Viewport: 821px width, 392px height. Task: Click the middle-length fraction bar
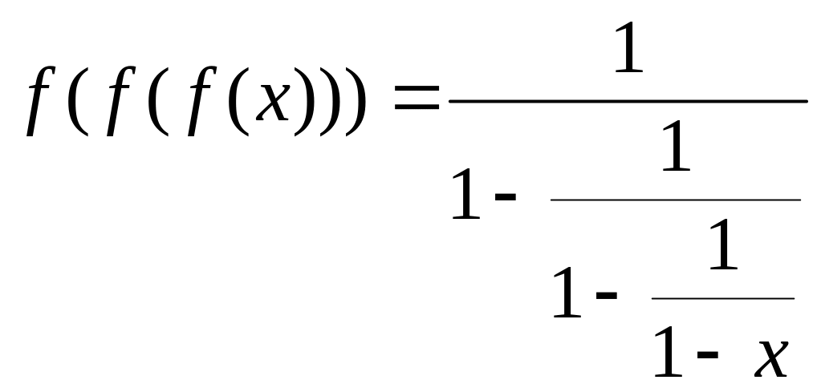point(675,200)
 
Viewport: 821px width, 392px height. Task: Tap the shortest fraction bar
point(722,298)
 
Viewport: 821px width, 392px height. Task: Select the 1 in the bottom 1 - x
point(669,350)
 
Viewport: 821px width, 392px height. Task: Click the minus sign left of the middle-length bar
point(505,196)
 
